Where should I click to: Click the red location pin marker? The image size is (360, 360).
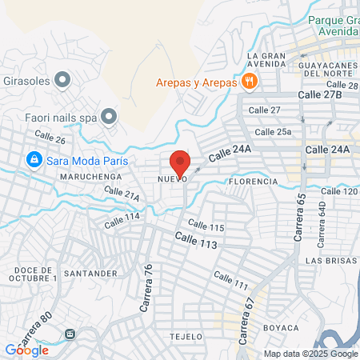click(180, 162)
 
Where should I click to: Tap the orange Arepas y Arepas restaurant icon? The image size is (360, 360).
click(250, 82)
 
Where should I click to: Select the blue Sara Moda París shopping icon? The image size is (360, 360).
click(34, 159)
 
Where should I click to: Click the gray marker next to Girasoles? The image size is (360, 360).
click(64, 80)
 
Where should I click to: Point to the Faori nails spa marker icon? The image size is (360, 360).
click(110, 116)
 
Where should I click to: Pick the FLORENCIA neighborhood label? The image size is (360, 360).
click(253, 182)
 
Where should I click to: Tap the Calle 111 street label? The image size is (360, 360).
click(230, 281)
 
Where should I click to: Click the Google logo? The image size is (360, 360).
click(26, 350)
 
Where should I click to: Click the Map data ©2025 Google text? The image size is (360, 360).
click(311, 354)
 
